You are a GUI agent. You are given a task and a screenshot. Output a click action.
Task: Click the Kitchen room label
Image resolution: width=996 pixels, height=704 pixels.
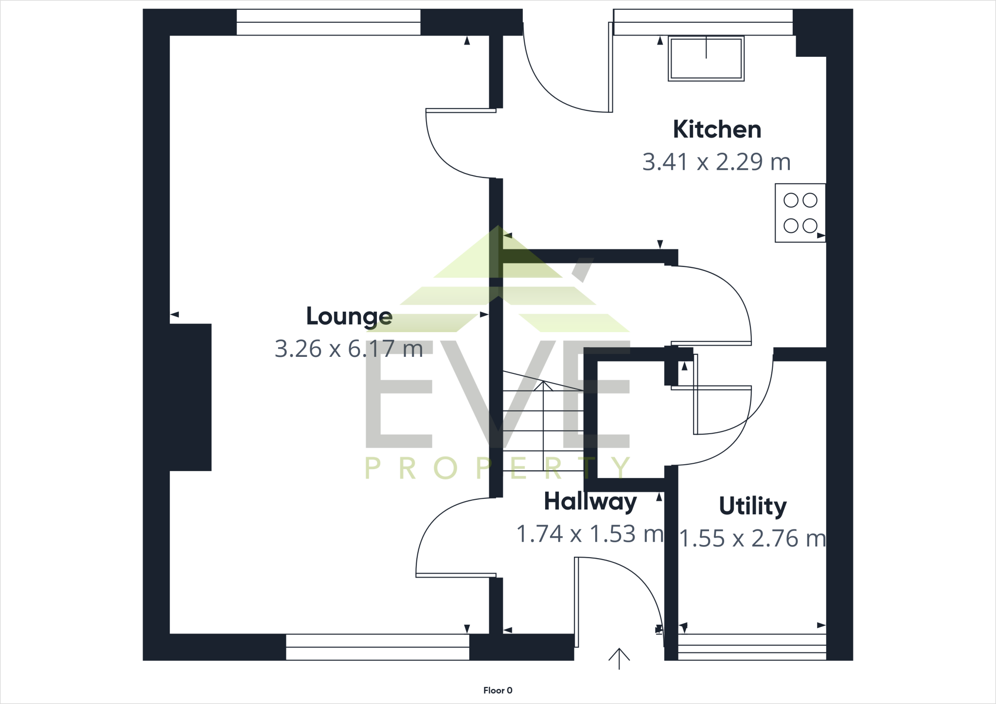point(716,130)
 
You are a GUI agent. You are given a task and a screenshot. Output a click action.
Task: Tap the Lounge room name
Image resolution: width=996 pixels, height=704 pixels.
point(349,317)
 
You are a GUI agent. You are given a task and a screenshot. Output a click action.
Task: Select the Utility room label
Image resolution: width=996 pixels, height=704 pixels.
point(752,506)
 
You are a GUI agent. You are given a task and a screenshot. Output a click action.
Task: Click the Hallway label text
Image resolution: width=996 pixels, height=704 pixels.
point(590,501)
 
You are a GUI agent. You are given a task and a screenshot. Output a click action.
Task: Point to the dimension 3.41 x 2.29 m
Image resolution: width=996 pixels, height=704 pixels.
point(716,162)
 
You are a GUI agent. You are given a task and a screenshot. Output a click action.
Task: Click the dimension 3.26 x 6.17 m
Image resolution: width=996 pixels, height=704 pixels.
point(349,349)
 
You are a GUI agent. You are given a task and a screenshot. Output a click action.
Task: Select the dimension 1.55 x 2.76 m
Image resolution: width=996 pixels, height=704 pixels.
point(752,538)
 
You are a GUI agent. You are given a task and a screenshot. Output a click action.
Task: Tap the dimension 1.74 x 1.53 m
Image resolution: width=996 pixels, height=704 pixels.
point(590,534)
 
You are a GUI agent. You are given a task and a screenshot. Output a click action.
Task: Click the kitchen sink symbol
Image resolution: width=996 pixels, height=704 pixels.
point(706,59)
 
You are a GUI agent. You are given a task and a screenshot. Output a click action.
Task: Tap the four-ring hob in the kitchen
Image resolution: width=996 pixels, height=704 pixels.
point(800,213)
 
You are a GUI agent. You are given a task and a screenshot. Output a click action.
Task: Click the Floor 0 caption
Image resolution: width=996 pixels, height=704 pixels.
point(498,690)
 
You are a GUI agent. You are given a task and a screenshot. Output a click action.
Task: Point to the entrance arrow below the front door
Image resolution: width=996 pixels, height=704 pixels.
point(619,659)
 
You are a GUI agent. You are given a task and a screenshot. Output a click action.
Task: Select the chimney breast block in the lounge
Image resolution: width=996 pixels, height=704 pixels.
point(190,397)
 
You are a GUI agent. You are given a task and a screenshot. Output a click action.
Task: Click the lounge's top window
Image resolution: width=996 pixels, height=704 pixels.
point(328,22)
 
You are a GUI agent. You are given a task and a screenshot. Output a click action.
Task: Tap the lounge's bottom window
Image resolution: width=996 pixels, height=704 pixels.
point(377,647)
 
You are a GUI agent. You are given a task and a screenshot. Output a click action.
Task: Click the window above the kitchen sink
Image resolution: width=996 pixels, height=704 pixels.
point(703,22)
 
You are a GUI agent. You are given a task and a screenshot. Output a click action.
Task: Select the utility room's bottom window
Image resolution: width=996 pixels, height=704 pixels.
point(752,647)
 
